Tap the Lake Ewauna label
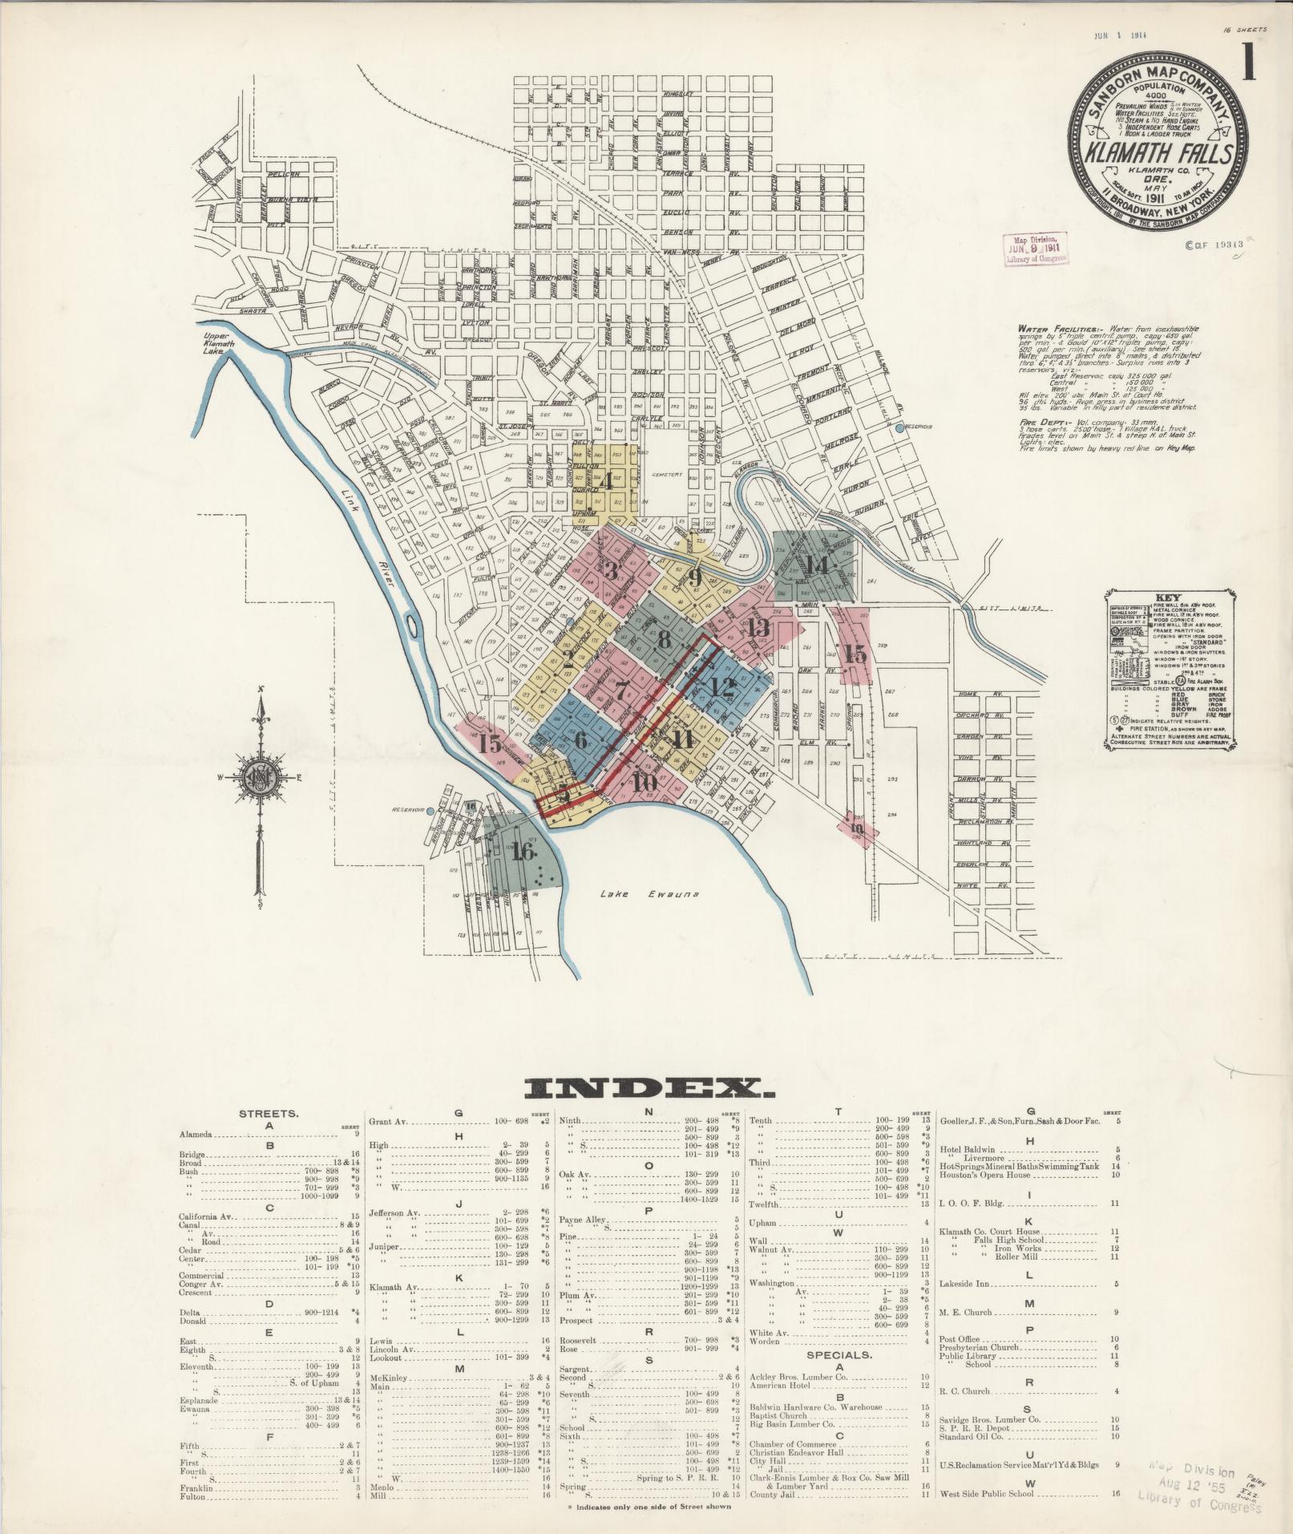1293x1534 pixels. [x=650, y=894]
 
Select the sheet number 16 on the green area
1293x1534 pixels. [x=523, y=851]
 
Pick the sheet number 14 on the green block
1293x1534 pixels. [x=815, y=565]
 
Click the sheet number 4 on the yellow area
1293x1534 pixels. [x=606, y=481]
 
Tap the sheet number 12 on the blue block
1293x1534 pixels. [x=721, y=686]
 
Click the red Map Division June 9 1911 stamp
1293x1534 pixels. [x=1035, y=249]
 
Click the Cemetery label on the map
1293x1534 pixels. [x=666, y=475]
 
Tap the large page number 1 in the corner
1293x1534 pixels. [x=1248, y=61]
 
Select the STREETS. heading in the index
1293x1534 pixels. [x=269, y=1114]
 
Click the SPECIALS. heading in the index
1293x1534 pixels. [x=838, y=1354]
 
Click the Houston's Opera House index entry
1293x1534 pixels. [x=984, y=1175]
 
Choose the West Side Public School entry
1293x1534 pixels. [x=986, y=1493]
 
